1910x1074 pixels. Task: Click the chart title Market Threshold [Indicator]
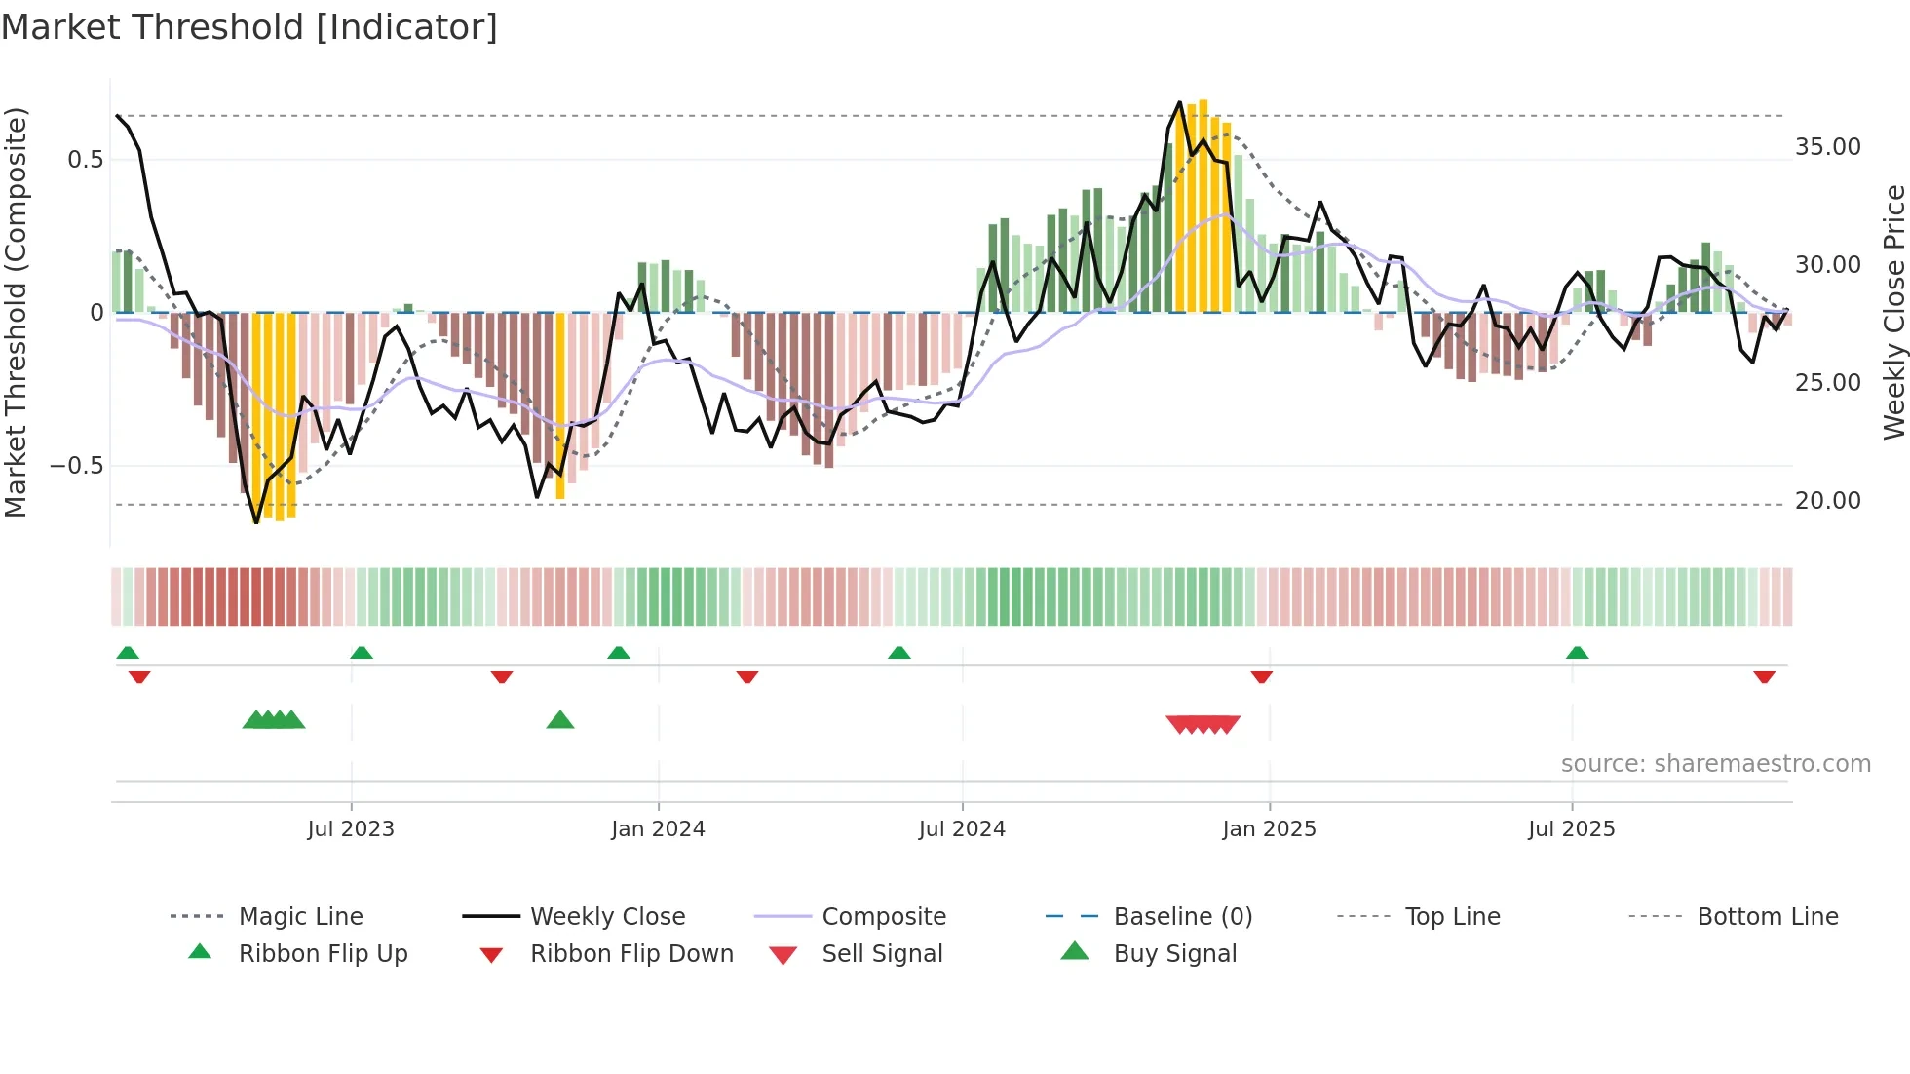tap(249, 27)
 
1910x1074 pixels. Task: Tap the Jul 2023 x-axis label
tap(351, 829)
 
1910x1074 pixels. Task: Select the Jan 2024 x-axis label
tap(658, 829)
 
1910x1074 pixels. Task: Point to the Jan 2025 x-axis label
tap(1269, 829)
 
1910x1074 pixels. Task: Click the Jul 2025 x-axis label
tap(1571, 829)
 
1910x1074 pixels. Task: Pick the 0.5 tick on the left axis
tap(86, 160)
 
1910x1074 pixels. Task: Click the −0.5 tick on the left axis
tap(78, 466)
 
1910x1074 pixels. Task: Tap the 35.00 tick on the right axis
tap(1827, 147)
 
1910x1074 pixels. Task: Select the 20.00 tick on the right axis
tap(1827, 501)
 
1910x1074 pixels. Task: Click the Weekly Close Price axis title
tap(1893, 312)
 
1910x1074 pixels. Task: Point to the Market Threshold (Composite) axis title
tap(16, 312)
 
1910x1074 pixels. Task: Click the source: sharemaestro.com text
tap(1715, 764)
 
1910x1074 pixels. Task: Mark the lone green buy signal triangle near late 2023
tap(560, 720)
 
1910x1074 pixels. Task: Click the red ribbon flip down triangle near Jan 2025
tap(1262, 676)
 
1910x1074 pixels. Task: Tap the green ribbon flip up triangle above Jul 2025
tap(1577, 653)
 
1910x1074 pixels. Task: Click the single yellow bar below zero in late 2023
tap(560, 405)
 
